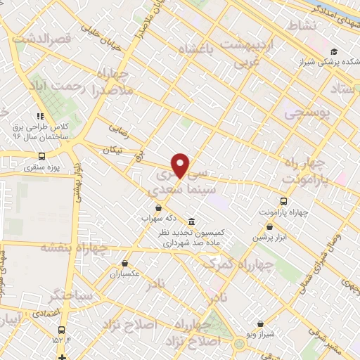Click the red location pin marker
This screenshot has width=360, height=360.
(x=181, y=165)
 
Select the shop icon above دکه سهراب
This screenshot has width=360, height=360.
(x=158, y=207)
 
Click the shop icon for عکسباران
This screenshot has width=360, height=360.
(x=124, y=264)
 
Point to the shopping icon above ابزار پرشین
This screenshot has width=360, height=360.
(x=269, y=226)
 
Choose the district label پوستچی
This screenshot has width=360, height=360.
(x=308, y=112)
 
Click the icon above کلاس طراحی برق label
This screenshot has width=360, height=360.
(x=41, y=116)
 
